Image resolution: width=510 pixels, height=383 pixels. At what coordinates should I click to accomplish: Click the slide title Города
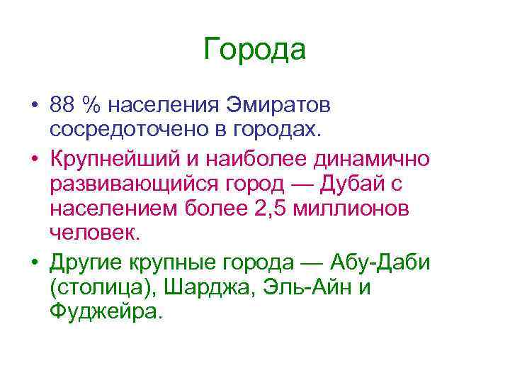(x=254, y=50)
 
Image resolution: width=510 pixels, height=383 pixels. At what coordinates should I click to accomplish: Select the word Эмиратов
(x=278, y=105)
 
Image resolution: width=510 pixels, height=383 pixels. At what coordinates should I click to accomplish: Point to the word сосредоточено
(x=123, y=130)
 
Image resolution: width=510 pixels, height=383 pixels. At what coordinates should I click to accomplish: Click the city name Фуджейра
(x=106, y=311)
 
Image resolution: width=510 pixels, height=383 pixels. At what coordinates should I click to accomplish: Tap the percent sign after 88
(x=91, y=105)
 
